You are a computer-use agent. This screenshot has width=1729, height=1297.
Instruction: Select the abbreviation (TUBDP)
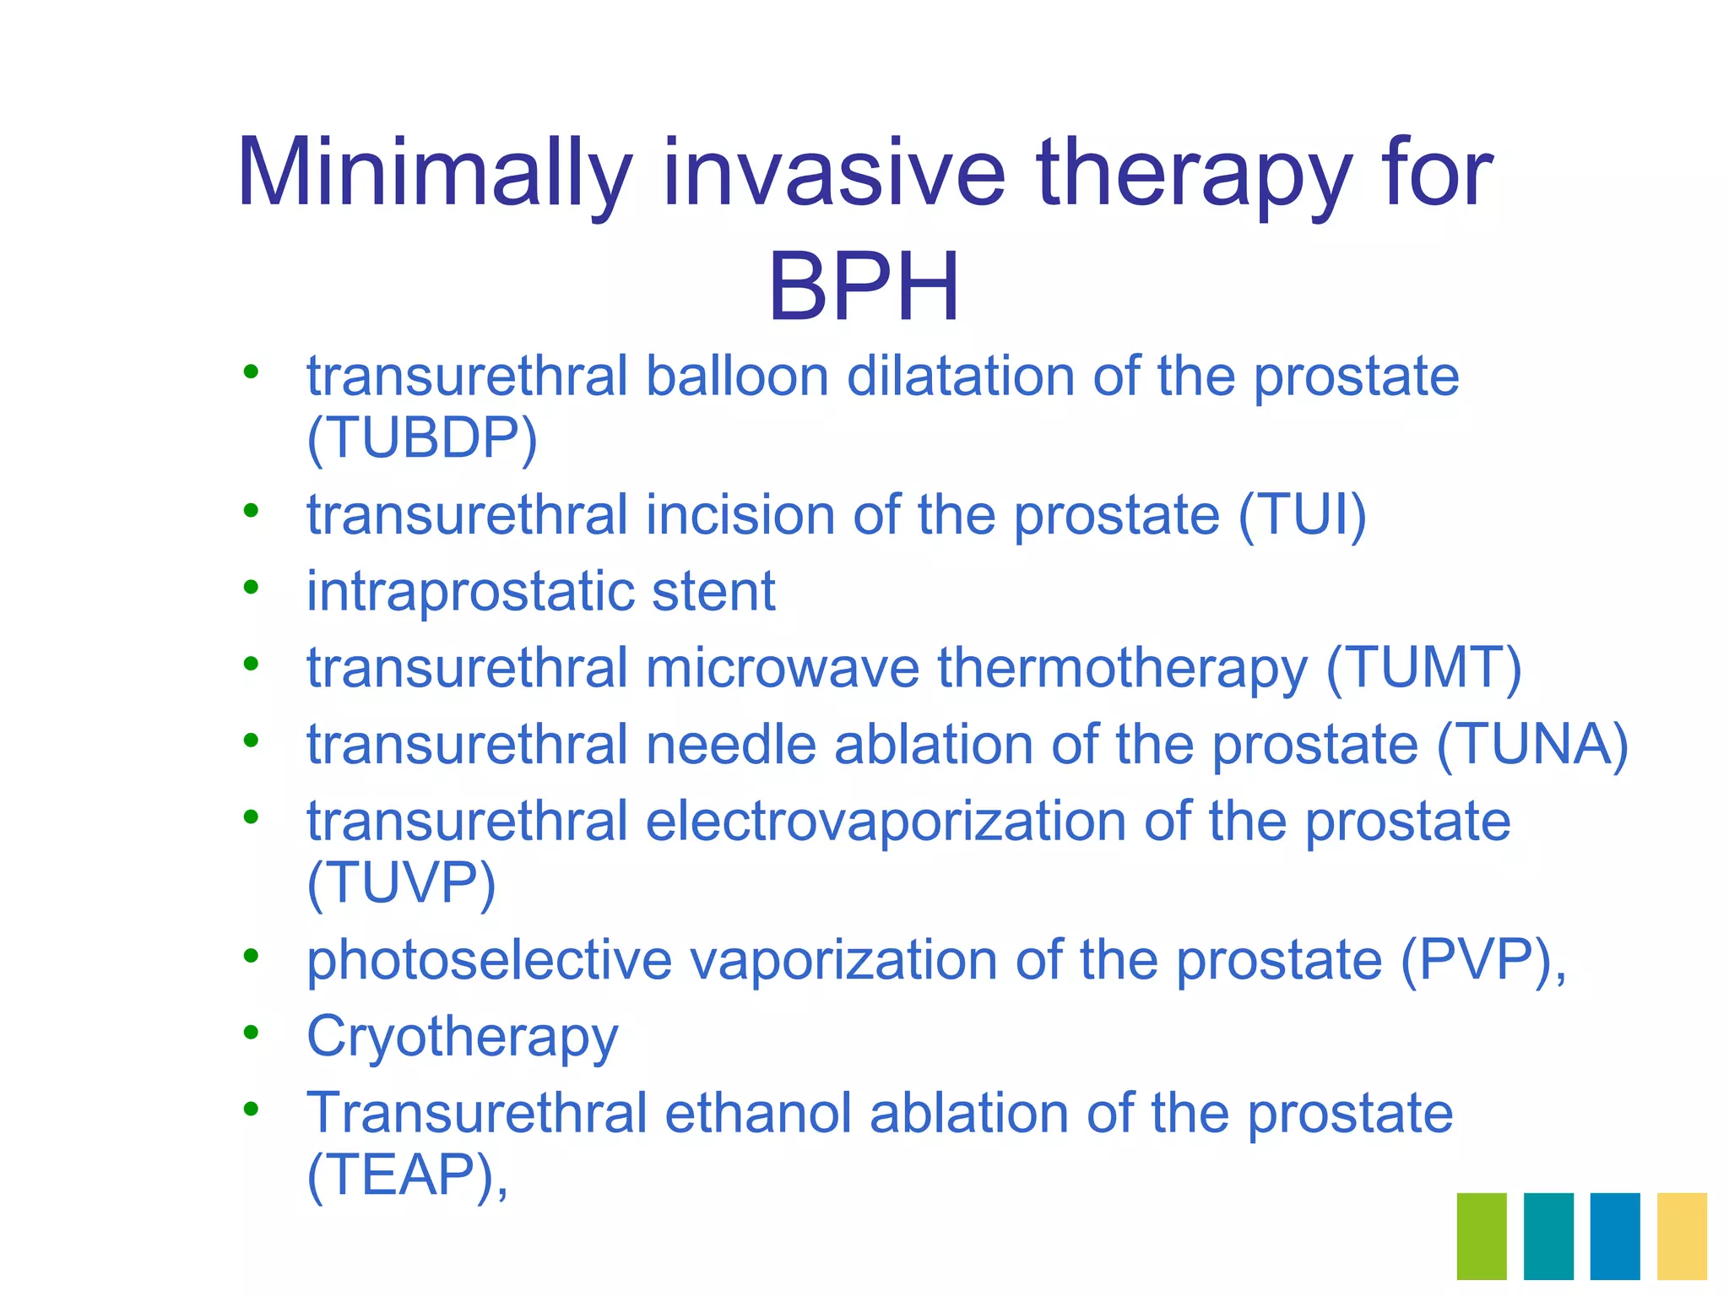422,439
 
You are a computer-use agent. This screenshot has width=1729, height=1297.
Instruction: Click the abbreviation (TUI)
1302,515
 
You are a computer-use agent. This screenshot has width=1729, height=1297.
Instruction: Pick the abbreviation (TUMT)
1424,668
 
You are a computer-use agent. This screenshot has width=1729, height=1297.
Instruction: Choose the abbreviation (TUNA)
1532,745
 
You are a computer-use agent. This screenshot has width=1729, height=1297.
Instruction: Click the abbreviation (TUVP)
402,884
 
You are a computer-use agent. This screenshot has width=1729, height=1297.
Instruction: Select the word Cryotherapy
463,1038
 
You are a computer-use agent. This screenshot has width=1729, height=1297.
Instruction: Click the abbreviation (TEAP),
408,1175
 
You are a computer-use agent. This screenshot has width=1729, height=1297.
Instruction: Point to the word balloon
737,376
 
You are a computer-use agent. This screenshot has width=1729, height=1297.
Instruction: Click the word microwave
783,668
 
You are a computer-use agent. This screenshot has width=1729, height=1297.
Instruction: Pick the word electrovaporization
886,822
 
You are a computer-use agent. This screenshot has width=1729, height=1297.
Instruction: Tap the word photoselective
489,961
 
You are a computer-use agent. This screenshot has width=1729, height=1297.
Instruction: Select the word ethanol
757,1114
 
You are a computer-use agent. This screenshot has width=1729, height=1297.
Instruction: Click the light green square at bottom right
1482,1235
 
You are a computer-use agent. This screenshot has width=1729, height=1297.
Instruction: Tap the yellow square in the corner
1682,1235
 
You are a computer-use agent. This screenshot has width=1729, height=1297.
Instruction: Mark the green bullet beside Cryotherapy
251,1032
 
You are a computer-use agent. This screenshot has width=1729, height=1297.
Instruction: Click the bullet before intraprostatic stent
251,586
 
